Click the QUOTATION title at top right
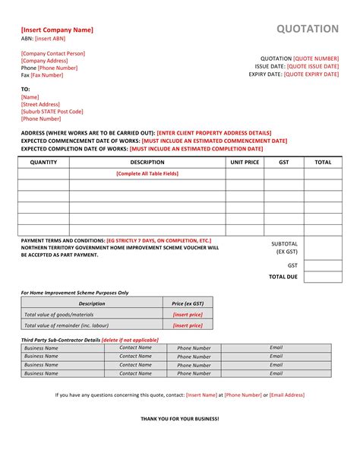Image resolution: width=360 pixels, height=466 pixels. (x=307, y=29)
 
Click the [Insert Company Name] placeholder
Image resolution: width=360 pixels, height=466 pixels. (x=57, y=30)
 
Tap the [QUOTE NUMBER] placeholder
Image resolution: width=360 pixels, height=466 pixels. (x=316, y=58)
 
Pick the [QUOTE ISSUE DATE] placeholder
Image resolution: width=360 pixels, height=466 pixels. (x=313, y=66)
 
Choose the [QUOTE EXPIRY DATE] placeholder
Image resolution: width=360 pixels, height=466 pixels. (x=312, y=74)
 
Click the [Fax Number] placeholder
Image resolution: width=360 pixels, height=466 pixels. (x=47, y=75)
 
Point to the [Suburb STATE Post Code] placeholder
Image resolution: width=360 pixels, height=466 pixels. (x=52, y=111)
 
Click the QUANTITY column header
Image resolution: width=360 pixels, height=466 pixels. (x=43, y=162)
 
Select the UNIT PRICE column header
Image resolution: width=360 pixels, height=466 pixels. (x=245, y=162)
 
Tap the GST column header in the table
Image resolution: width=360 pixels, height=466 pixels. (x=284, y=162)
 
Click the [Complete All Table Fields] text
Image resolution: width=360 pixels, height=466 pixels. (x=147, y=173)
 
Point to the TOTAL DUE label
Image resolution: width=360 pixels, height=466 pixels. (x=283, y=277)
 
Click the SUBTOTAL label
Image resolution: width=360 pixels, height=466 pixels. (x=285, y=244)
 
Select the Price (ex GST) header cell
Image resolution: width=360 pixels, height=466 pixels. (x=188, y=303)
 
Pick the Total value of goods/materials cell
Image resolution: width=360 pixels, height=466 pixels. (x=59, y=314)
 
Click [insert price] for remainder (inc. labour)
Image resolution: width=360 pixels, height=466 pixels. (x=188, y=325)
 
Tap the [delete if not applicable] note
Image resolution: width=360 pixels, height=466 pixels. (x=130, y=339)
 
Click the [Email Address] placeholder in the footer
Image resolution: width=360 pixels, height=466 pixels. (x=287, y=395)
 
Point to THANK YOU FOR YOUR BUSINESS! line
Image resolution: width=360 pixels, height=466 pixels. (x=180, y=419)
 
